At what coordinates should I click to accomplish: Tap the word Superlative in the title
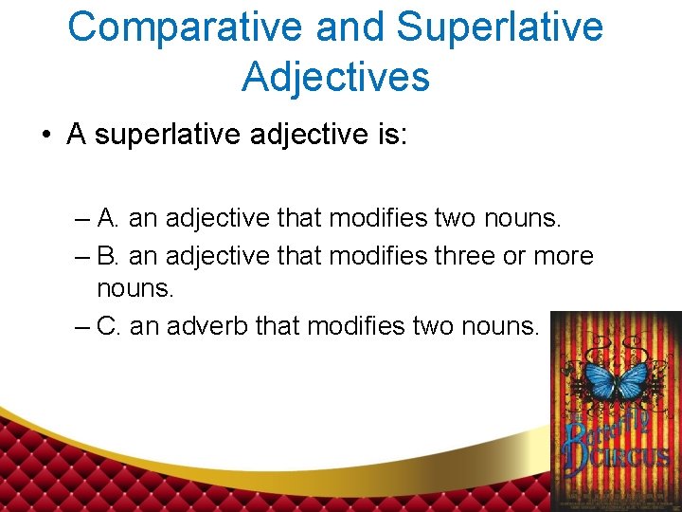tap(499, 27)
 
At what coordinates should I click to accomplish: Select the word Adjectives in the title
tap(335, 76)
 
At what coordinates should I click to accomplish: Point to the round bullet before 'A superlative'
tap(46, 135)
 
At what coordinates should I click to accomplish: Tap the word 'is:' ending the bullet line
tap(386, 135)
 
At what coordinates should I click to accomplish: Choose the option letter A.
tap(107, 219)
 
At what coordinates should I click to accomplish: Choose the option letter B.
tap(107, 256)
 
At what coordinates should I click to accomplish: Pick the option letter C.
tap(108, 327)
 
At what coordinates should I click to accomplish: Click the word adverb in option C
tap(206, 327)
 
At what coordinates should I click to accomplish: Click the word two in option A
tap(457, 219)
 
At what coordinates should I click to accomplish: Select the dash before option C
tap(81, 327)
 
